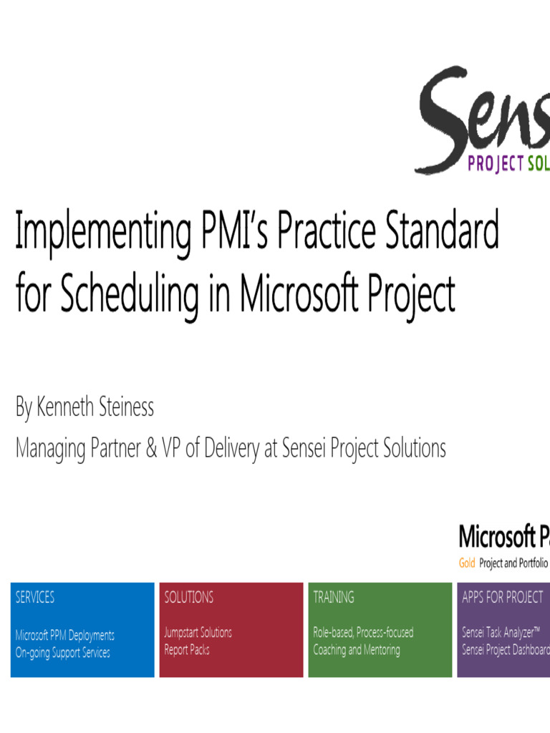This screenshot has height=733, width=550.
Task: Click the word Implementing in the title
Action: pos(101,231)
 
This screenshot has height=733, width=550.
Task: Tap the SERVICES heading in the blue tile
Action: pos(35,597)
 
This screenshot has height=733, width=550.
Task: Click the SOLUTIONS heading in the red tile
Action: pos(189,597)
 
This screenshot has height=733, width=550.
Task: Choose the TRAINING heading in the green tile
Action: pos(334,597)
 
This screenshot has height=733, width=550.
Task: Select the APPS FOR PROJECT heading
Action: pos(503,597)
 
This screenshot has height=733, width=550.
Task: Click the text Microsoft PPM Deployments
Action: pos(65,635)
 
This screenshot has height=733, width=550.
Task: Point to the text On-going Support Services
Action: pos(63,652)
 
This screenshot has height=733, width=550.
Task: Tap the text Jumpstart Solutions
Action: pos(198,633)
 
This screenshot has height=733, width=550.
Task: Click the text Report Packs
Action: pos(187,650)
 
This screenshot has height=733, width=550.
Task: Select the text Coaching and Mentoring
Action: pos(357,650)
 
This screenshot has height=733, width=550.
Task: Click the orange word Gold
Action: pos(467,563)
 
